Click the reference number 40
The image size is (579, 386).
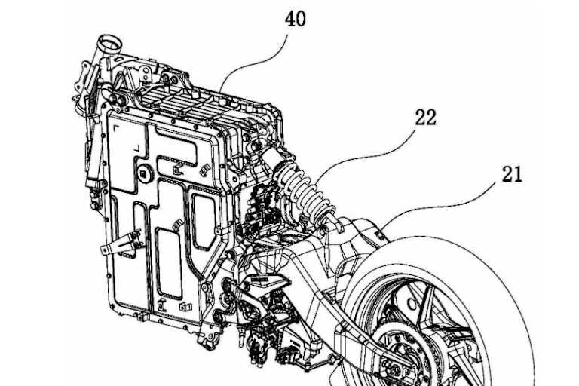click(295, 19)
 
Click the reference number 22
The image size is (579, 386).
click(425, 118)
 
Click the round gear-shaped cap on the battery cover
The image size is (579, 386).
click(146, 174)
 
